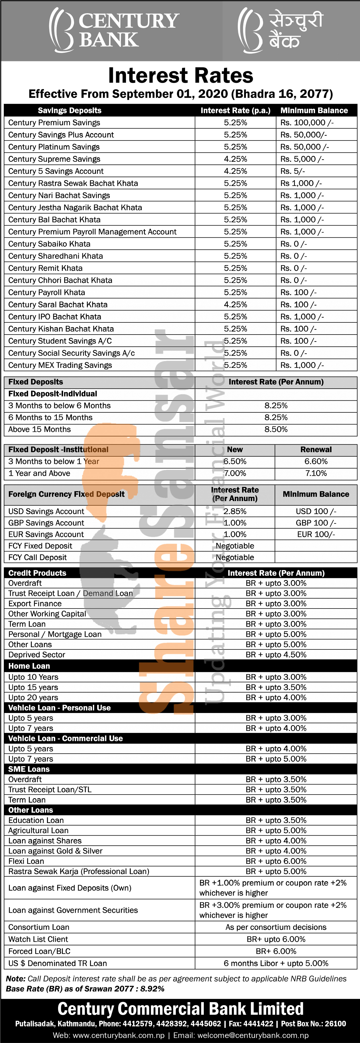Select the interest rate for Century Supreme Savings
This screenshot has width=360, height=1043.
tap(235, 159)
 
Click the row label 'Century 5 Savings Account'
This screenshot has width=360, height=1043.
tap(56, 171)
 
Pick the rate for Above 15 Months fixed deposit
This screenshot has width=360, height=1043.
tap(276, 429)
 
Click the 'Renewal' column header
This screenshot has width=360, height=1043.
tap(316, 449)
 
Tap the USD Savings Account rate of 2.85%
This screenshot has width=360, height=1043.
tap(235, 511)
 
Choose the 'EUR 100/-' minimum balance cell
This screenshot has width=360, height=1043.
tap(316, 534)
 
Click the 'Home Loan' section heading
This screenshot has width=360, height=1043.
tap(29, 666)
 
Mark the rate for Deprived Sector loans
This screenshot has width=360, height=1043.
tap(276, 655)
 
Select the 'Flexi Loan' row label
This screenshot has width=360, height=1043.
tap(26, 861)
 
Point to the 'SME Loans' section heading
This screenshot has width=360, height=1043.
tap(29, 769)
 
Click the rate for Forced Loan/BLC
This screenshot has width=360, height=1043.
tap(276, 951)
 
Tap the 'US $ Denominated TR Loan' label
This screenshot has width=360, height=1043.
tap(58, 963)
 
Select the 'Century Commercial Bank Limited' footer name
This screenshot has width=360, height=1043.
tap(181, 1009)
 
